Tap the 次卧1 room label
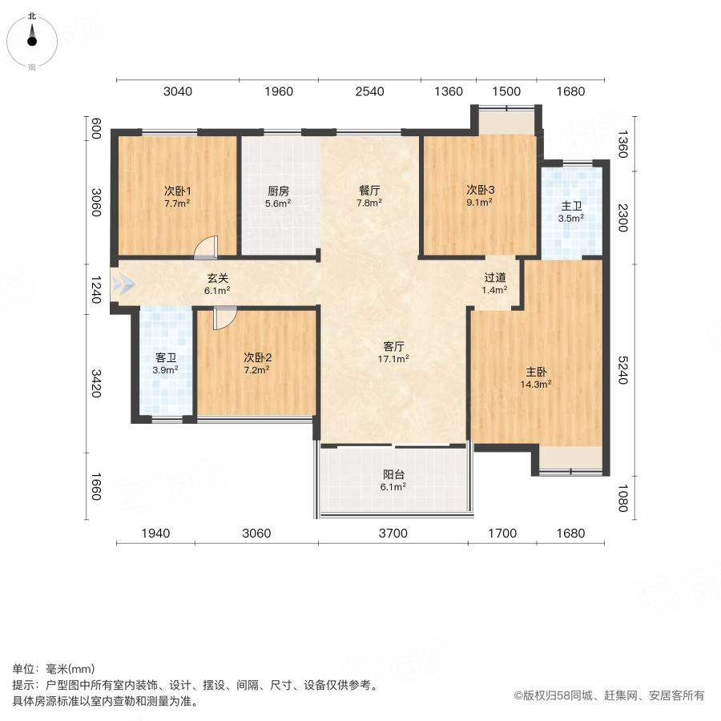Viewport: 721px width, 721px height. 177,191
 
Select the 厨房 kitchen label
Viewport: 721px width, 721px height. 278,191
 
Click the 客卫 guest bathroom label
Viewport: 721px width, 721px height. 166,358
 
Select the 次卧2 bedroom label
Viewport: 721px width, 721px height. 258,358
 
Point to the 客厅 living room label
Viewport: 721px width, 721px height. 393,347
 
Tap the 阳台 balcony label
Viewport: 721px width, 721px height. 393,474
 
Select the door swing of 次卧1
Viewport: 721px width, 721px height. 207,248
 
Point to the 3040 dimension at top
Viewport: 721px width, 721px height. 178,91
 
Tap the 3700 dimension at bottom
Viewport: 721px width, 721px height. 393,533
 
